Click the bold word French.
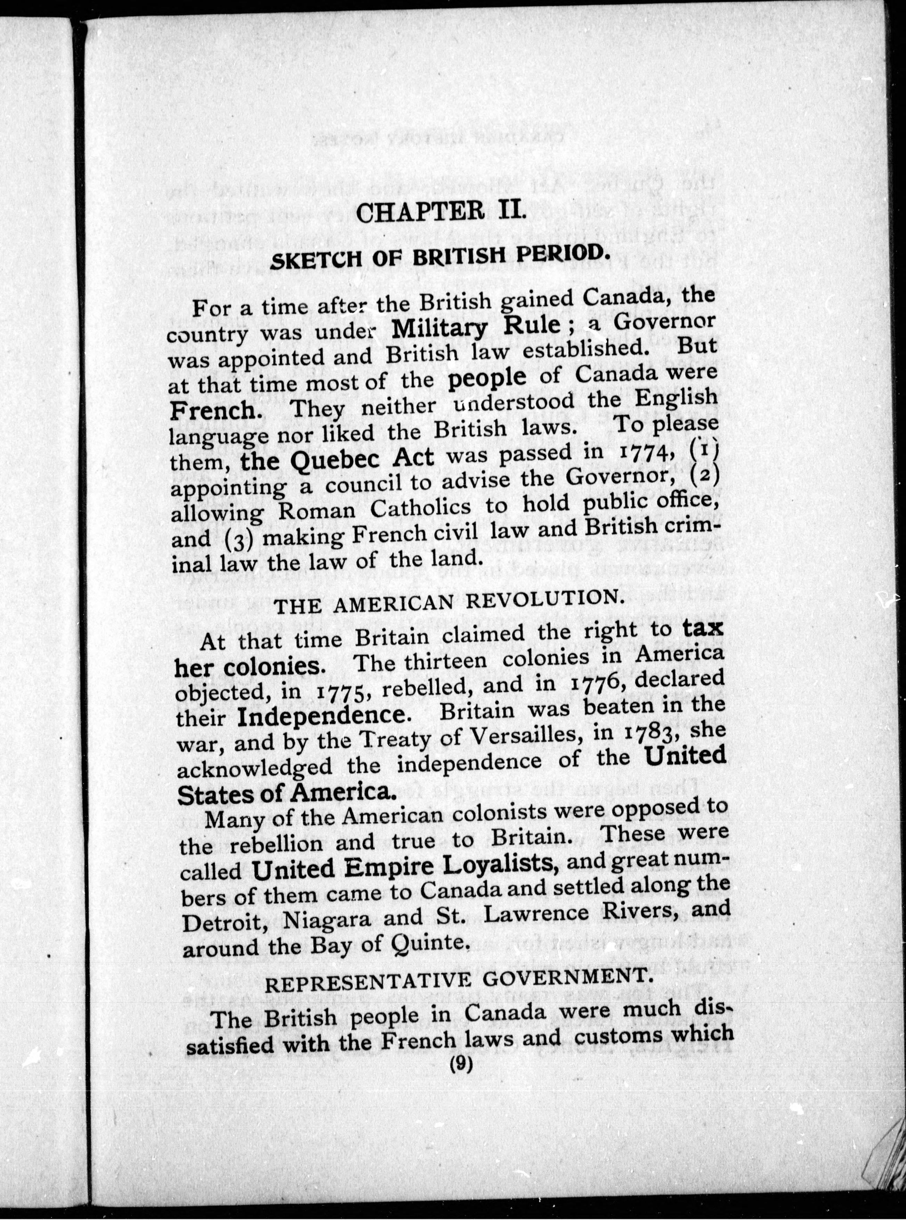pyautogui.click(x=211, y=411)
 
